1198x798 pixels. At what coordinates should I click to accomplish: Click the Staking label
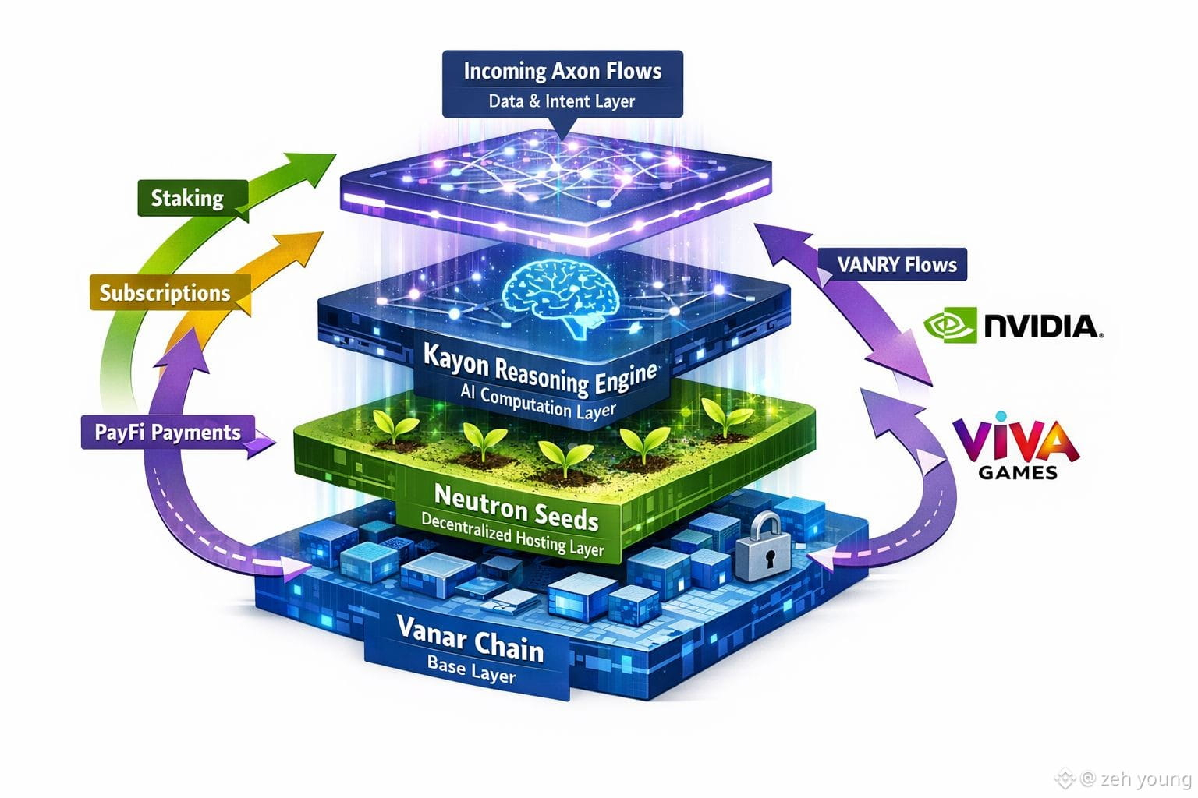pyautogui.click(x=187, y=198)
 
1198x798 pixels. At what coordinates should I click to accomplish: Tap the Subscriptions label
pyautogui.click(x=165, y=293)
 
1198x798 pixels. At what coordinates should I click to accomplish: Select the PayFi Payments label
pyautogui.click(x=168, y=433)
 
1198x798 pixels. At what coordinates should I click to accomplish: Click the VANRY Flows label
pyautogui.click(x=897, y=265)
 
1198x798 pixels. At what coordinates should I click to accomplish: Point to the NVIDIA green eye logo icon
pyautogui.click(x=950, y=325)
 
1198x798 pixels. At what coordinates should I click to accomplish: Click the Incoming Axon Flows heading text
pyautogui.click(x=562, y=72)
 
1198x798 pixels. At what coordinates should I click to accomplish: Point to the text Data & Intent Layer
pyautogui.click(x=562, y=101)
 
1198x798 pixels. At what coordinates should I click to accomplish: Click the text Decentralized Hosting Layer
pyautogui.click(x=512, y=535)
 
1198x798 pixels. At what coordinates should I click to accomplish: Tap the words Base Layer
pyautogui.click(x=471, y=669)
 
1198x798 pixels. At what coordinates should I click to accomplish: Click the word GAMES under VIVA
pyautogui.click(x=1018, y=472)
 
